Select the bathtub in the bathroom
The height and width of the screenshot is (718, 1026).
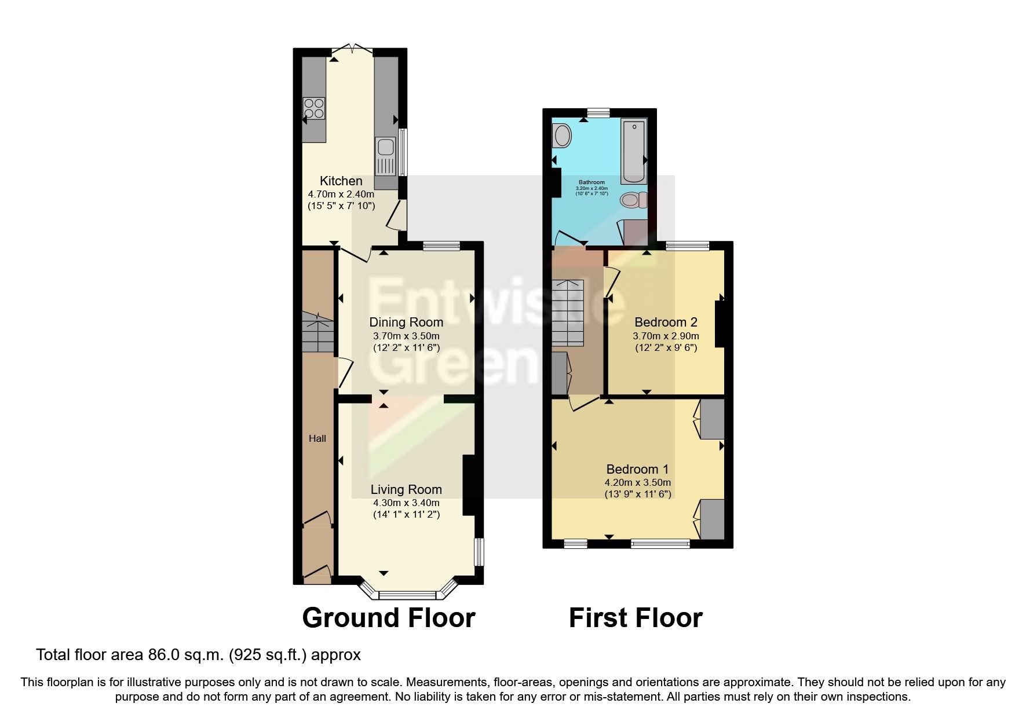pos(634,151)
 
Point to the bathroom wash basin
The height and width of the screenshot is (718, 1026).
pos(562,137)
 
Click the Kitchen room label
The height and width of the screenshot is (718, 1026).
pos(341,181)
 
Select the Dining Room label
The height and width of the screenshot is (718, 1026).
pos(406,323)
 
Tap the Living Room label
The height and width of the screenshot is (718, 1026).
pos(406,490)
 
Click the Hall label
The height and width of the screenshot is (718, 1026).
pos(317,439)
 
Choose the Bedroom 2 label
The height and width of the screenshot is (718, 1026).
pos(666,323)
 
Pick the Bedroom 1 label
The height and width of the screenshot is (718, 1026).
pos(637,469)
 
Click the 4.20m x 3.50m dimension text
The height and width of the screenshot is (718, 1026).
pos(637,482)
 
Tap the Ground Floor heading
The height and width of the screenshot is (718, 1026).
pos(388,618)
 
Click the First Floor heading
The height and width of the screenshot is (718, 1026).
pos(636,618)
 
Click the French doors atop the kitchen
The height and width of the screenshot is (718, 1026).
pos(353,48)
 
